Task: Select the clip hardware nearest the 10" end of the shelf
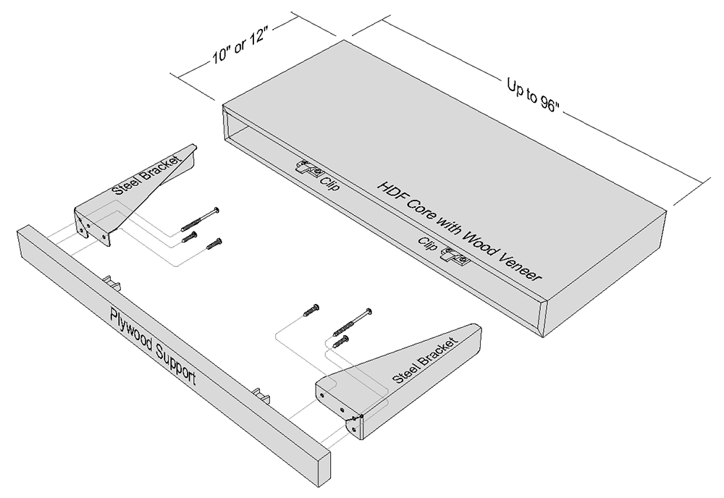(309, 169)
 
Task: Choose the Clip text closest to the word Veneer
(428, 243)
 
